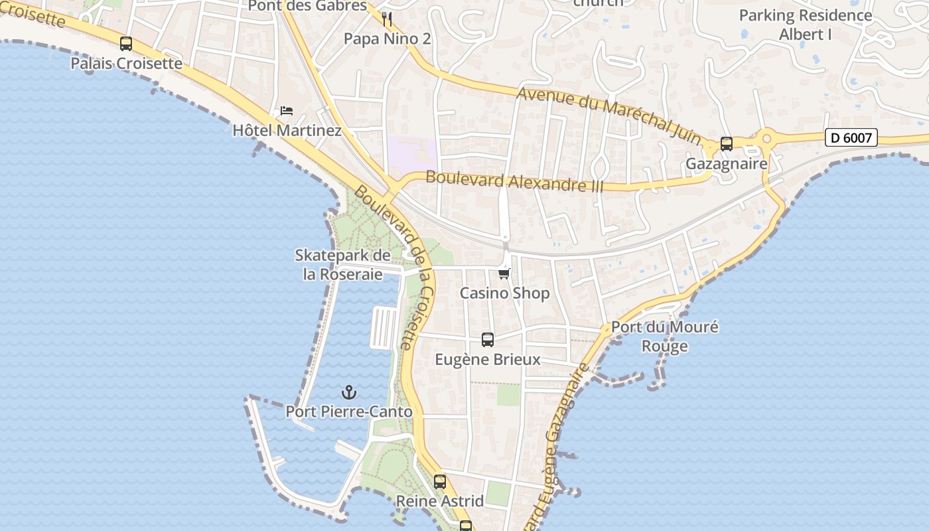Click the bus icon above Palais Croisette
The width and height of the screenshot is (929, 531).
[126, 44]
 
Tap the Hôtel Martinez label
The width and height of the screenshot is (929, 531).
[287, 130]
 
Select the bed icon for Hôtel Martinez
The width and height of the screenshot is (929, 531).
[286, 110]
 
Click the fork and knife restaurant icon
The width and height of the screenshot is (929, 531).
[388, 19]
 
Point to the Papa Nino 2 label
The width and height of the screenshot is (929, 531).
[387, 39]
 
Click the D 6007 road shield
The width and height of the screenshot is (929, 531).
[851, 137]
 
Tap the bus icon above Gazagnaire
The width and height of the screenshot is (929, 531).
[727, 143]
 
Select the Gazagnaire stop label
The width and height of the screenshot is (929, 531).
[726, 163]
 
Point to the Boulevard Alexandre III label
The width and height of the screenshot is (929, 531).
[515, 181]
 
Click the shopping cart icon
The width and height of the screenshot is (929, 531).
[504, 273]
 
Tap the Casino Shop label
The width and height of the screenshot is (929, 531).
[504, 293]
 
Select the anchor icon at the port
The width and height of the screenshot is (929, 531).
[349, 392]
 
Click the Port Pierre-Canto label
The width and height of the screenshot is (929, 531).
[349, 412]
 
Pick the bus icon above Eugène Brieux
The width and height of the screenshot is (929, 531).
[488, 340]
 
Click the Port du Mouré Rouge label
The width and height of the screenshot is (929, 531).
[664, 337]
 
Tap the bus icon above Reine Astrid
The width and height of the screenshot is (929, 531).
[440, 482]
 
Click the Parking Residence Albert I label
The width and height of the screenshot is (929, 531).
[805, 25]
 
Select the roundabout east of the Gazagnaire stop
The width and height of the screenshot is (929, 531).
[767, 139]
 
